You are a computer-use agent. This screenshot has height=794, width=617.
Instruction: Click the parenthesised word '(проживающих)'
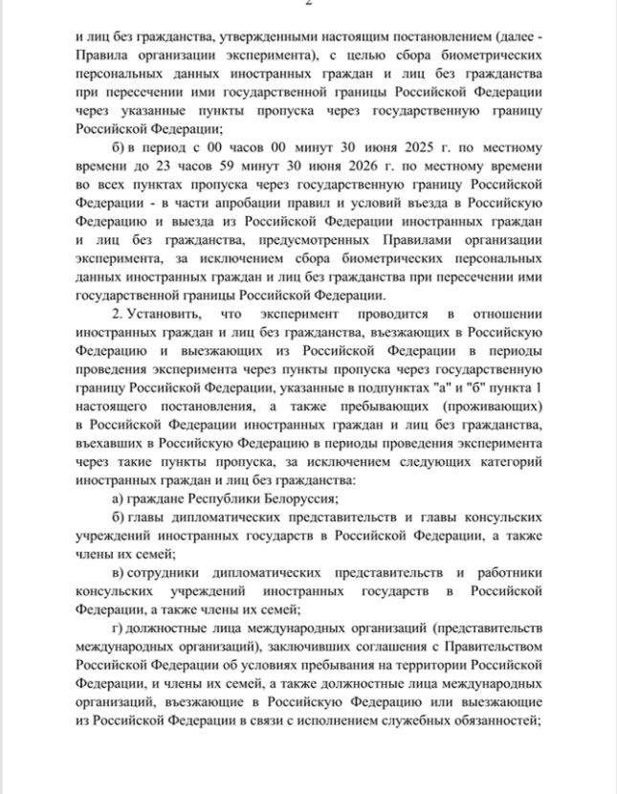[x=498, y=413]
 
